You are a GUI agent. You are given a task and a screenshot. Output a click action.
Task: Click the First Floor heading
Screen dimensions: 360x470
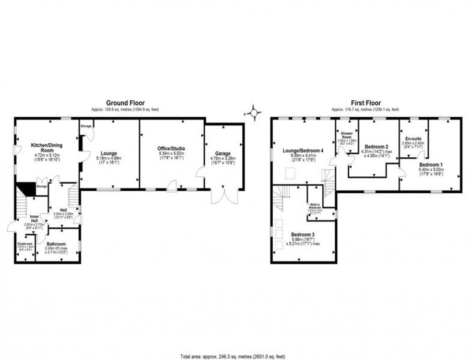tap(366, 103)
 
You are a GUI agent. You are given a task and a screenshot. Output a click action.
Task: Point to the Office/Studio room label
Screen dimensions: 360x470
tap(171, 148)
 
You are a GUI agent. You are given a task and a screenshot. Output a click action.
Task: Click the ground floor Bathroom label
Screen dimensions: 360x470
tap(56, 244)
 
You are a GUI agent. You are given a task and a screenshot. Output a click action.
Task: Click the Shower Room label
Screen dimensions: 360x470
tap(346, 135)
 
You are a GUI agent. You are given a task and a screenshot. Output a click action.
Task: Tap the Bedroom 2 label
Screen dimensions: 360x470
tap(376, 146)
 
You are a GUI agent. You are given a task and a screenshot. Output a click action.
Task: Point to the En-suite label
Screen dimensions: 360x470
tap(413, 139)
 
